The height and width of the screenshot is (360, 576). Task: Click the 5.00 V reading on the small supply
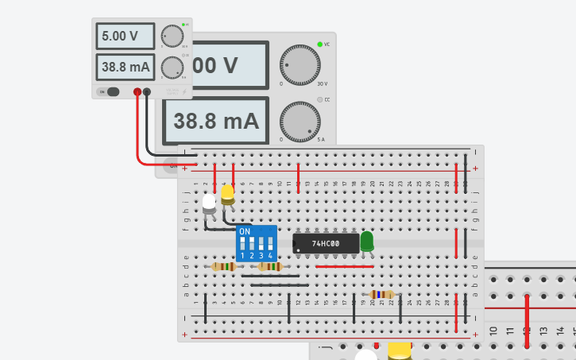pos(126,37)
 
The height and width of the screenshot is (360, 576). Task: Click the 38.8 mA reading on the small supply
pos(126,67)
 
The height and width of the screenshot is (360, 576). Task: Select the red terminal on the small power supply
pos(137,92)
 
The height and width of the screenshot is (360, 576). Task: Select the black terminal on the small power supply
pos(147,92)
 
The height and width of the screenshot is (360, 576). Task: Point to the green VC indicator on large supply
pos(320,44)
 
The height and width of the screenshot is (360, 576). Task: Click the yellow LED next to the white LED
pos(228,193)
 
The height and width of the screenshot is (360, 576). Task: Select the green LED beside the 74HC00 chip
pos(366,241)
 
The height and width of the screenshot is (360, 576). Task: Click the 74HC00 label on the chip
pos(326,242)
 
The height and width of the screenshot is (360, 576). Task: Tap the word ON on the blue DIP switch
pos(245,232)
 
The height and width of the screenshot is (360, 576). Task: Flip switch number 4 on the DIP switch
pos(270,245)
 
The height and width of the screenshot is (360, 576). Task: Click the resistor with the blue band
pos(381,294)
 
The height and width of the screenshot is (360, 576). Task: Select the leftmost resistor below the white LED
pos(223,266)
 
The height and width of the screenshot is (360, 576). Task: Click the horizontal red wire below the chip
pos(344,267)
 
